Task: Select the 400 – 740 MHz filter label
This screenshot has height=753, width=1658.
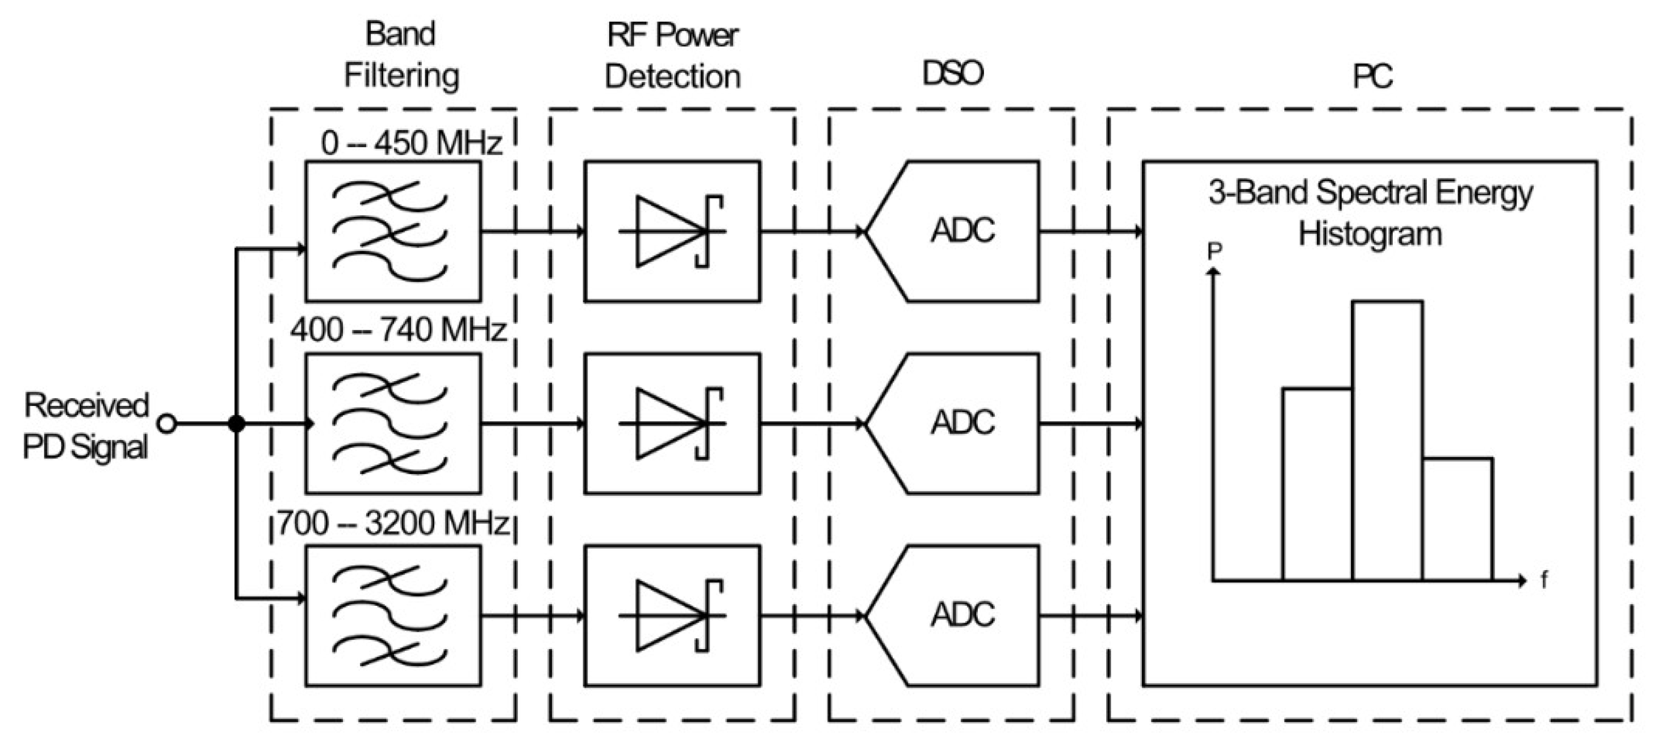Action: point(398,330)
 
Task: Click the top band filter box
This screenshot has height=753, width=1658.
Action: point(392,231)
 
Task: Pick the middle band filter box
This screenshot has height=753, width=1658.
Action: point(392,423)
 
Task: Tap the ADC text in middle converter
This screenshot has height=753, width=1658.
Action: point(962,423)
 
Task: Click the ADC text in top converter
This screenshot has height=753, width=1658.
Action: point(962,231)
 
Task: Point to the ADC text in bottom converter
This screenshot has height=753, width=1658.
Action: point(962,614)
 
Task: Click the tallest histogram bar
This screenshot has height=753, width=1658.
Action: point(1387,441)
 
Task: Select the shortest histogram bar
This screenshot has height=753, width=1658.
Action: point(1457,520)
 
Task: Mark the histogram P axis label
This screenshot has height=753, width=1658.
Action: point(1214,251)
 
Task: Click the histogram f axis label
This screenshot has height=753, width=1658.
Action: point(1544,580)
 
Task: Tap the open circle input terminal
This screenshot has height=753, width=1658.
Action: point(168,424)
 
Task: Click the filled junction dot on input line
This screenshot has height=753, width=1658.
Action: point(237,424)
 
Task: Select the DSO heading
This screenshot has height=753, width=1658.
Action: point(952,73)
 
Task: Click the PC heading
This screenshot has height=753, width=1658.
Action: point(1372,77)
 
